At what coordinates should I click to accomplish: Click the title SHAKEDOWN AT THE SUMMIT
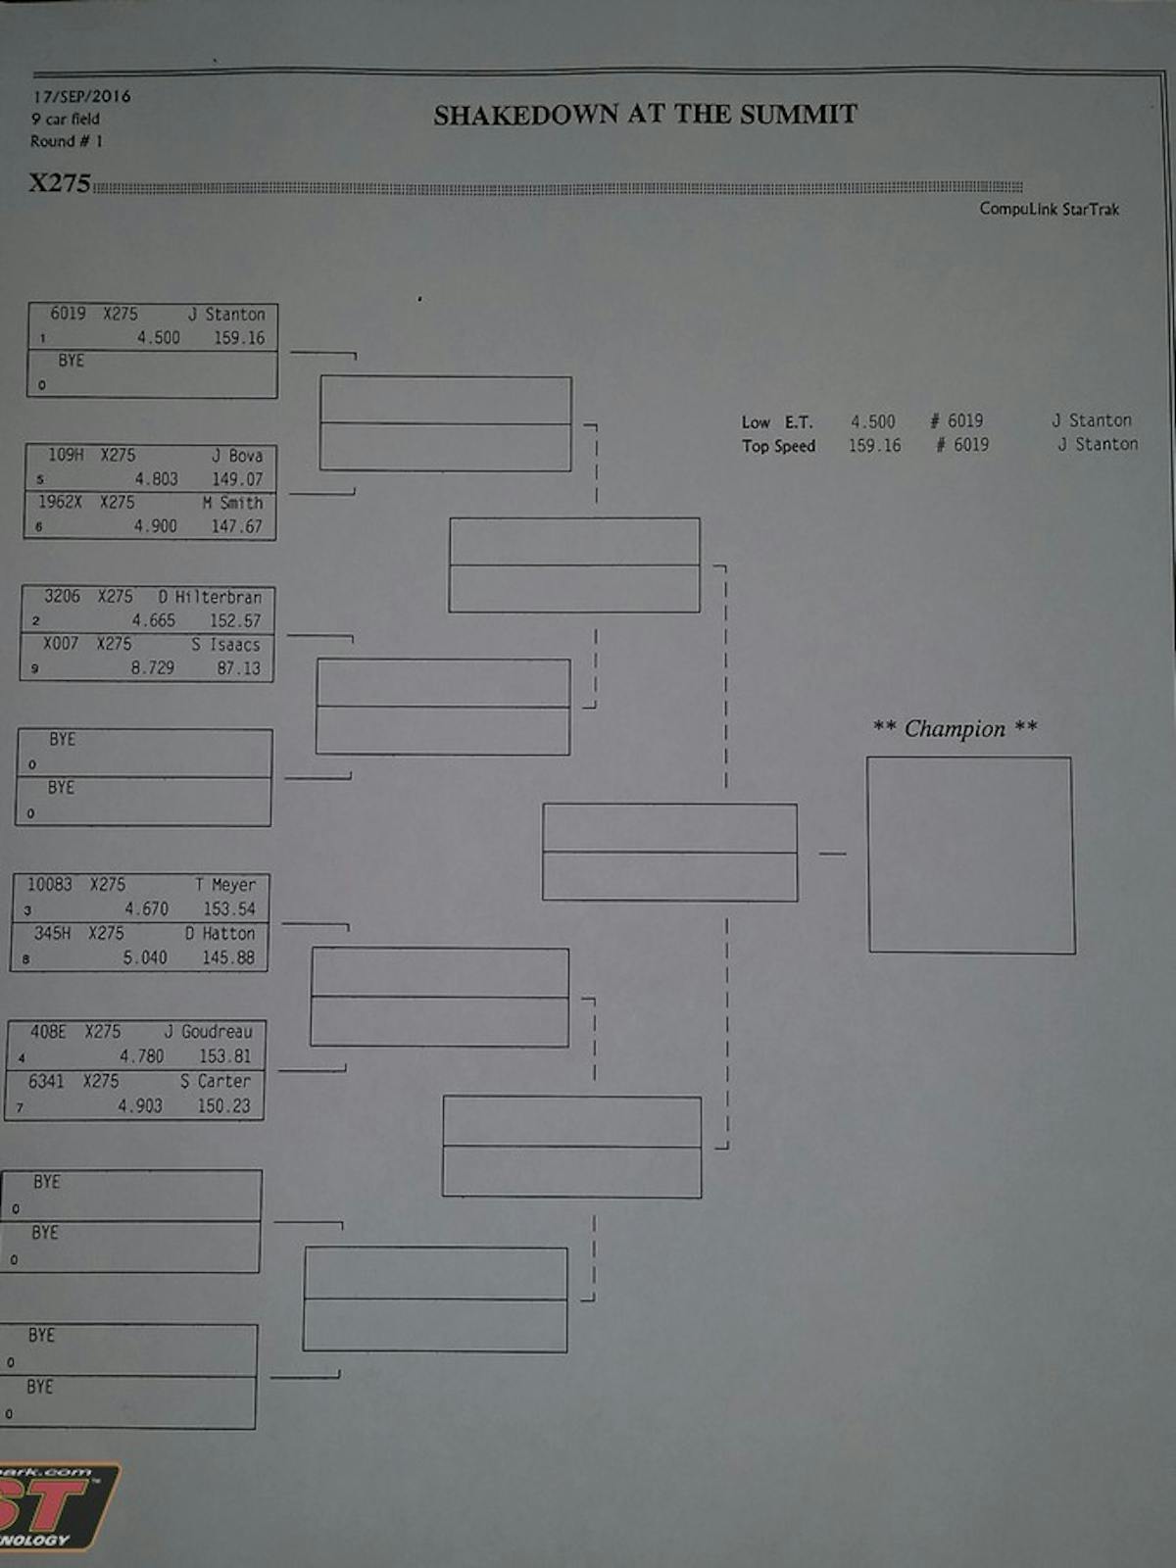(x=645, y=115)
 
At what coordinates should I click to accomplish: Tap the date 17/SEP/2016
(x=81, y=96)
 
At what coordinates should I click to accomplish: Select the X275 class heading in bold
(x=60, y=183)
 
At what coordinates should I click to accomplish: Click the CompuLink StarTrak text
(x=1049, y=209)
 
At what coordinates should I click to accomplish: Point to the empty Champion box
(x=970, y=855)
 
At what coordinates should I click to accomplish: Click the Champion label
(x=955, y=728)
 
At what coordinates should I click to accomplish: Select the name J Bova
(x=237, y=456)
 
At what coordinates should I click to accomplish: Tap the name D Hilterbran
(x=210, y=597)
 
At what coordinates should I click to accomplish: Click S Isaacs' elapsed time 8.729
(x=153, y=667)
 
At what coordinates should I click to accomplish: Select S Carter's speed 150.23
(x=223, y=1105)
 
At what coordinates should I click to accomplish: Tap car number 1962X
(x=60, y=502)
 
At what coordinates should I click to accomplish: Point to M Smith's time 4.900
(x=156, y=526)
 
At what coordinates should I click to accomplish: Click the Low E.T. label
(x=777, y=422)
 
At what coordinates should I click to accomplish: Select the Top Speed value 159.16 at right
(x=874, y=445)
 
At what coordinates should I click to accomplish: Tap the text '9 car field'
(x=65, y=119)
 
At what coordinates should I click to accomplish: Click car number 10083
(x=49, y=884)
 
